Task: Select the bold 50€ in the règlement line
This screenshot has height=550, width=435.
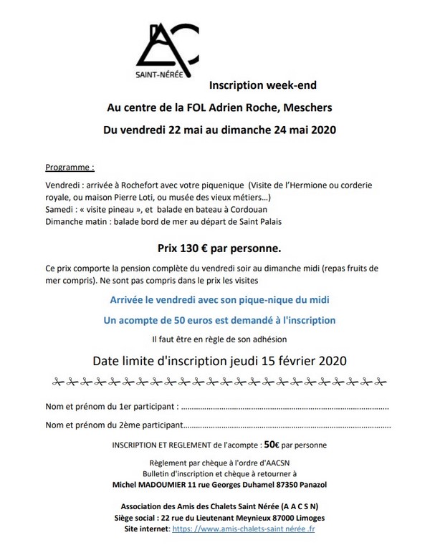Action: tap(271, 444)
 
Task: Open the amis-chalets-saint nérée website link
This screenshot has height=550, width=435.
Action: tap(254, 529)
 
